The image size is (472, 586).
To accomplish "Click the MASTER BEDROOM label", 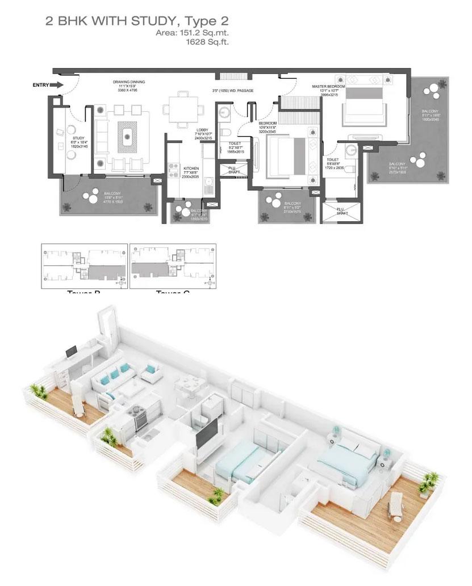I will point(328,87).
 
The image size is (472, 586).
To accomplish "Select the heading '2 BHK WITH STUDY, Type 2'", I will point(136,22).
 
